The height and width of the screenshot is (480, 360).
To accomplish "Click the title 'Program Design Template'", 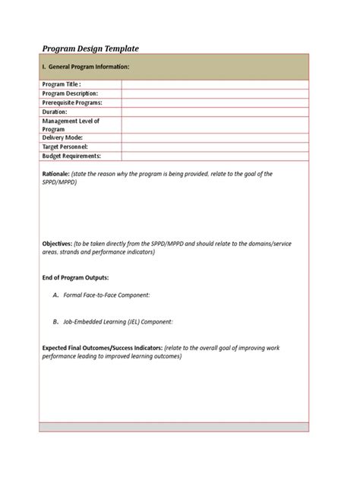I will (x=90, y=49).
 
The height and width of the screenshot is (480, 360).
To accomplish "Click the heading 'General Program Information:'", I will (x=90, y=68).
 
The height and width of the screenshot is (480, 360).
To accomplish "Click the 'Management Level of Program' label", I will (x=71, y=125).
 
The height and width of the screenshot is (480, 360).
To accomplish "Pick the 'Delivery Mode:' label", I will (x=64, y=138).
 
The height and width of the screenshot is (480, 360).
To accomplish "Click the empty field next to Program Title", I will (x=215, y=84).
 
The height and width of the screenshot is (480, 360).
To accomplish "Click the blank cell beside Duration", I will (x=215, y=112).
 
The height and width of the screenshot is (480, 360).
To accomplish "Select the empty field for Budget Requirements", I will (x=215, y=156).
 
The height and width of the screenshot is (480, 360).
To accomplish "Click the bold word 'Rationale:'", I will (x=56, y=174).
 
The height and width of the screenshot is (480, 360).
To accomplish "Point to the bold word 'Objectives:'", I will (x=57, y=243).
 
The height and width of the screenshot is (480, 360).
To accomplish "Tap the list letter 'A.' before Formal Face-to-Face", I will (x=56, y=295).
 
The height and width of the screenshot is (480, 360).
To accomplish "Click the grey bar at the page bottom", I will (x=175, y=427).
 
